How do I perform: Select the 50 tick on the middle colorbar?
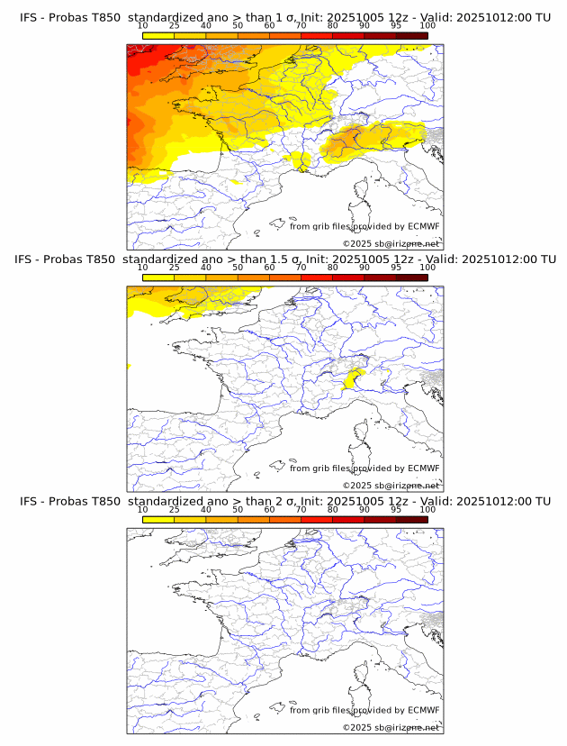click(x=238, y=268)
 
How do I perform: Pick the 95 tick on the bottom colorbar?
click(x=396, y=510)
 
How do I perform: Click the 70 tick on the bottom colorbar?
click(x=301, y=510)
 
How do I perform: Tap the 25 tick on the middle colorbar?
click(x=174, y=268)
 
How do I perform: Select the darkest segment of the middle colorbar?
click(x=412, y=277)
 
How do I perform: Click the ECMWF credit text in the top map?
click(x=364, y=226)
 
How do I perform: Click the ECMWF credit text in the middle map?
click(x=364, y=469)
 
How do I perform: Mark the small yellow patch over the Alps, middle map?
click(x=354, y=378)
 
